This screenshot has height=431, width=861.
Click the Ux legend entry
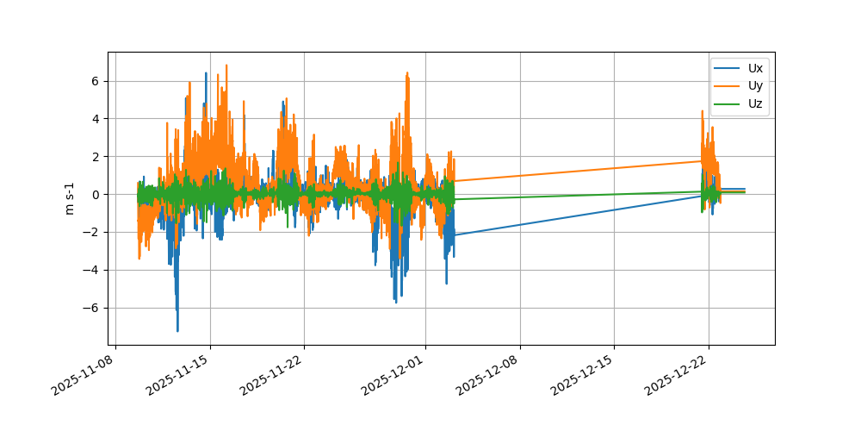754,68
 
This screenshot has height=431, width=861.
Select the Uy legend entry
754,86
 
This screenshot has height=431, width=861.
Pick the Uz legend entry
754,104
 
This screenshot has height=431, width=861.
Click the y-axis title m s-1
71,198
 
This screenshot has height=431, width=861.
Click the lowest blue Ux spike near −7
177,330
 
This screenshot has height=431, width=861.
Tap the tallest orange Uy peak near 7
226,66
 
